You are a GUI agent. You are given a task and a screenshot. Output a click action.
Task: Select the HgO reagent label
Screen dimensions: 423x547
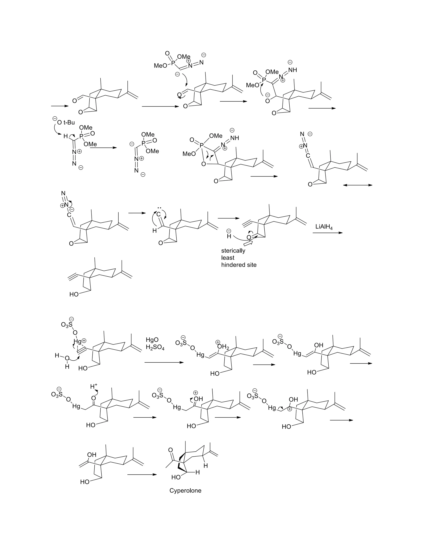(152, 340)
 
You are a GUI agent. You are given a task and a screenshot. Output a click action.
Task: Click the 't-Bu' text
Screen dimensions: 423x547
(69, 122)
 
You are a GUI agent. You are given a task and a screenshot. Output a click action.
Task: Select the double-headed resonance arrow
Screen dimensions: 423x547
(357, 185)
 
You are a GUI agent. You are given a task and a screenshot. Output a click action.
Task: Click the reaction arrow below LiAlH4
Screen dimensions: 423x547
(327, 233)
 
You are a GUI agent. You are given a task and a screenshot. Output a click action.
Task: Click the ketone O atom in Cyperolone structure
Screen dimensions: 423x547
(171, 450)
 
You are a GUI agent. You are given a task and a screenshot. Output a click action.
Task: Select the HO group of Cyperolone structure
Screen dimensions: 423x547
(176, 477)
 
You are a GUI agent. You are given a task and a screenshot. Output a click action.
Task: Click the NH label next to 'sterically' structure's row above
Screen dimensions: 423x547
(235, 138)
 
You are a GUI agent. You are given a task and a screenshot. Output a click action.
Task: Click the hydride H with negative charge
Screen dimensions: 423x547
(229, 236)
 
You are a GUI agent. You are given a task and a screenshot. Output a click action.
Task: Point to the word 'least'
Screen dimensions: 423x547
(228, 258)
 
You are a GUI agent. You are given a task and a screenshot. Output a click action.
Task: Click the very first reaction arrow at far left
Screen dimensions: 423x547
(60, 106)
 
